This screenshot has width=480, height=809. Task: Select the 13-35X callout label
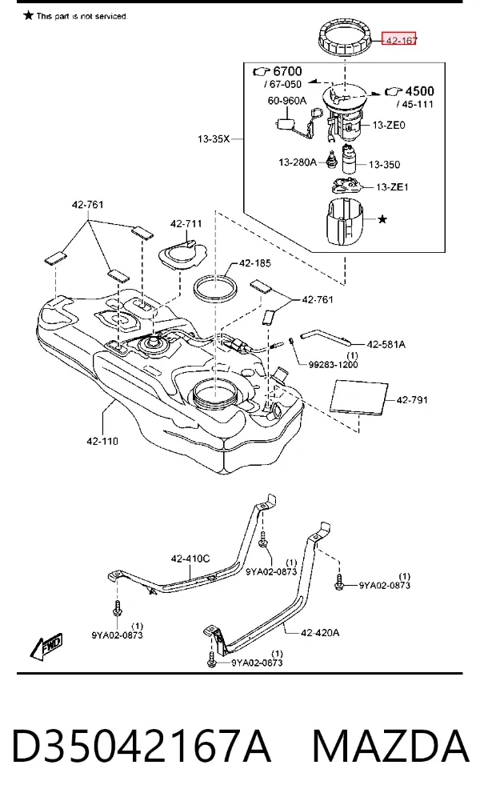pos(214,138)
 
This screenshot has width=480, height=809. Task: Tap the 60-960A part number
pos(286,100)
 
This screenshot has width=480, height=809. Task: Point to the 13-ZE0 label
pos(389,125)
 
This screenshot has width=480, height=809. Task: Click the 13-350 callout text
pos(384,165)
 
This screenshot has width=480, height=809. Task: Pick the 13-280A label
pos(298,162)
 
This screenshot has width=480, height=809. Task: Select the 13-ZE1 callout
pos(392,187)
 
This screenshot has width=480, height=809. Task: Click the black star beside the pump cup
pos(382,219)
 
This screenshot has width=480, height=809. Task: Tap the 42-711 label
pos(186,224)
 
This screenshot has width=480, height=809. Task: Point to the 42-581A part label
pos(386,344)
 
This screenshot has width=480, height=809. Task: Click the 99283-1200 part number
pos(333,364)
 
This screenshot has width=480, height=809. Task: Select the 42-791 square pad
pos(359,397)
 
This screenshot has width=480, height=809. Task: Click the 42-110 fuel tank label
pos(102,441)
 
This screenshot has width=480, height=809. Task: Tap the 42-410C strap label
pos(190,559)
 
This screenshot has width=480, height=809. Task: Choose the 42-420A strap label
pos(320,632)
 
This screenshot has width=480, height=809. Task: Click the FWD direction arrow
pos(46,647)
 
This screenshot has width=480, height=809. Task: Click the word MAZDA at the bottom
pos(390,746)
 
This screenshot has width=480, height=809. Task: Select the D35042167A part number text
pos(141,746)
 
